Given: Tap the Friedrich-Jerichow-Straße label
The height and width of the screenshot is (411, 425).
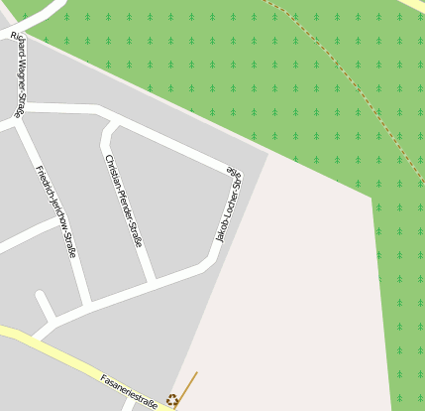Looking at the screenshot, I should coord(56,210).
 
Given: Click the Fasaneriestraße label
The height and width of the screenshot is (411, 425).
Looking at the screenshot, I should coord(129,391).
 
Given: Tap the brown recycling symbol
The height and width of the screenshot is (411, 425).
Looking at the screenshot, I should coord(172,400).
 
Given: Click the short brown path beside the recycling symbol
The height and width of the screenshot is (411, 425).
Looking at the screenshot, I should coord(188,385).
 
